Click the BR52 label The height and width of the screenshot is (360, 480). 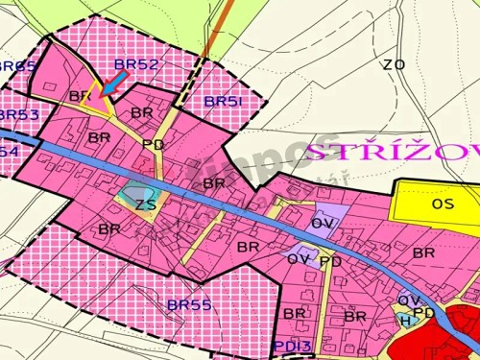(135, 64)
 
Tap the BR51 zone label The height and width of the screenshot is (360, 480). (225, 101)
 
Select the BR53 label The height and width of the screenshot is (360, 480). (19, 115)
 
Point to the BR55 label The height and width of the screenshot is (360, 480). (188, 304)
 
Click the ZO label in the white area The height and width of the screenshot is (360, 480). (393, 65)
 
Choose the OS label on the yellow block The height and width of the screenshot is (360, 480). (443, 204)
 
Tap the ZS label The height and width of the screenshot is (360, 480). (145, 204)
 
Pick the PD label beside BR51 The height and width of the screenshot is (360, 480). (153, 144)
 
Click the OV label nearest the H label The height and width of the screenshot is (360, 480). (407, 300)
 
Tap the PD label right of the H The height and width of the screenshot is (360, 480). (424, 313)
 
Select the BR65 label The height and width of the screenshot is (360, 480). (16, 66)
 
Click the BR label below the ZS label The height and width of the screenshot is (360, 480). (108, 229)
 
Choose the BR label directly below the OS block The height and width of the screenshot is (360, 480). (423, 252)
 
